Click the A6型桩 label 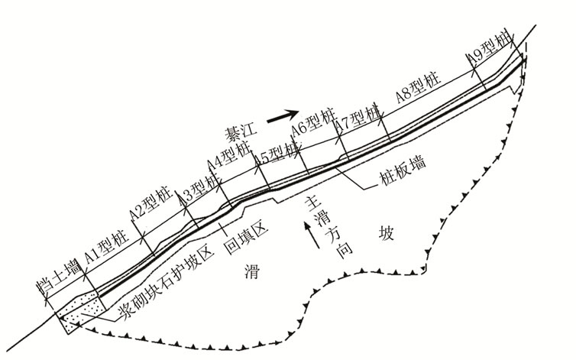[313, 125]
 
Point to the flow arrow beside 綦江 [280, 116]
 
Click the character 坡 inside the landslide [386, 234]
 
